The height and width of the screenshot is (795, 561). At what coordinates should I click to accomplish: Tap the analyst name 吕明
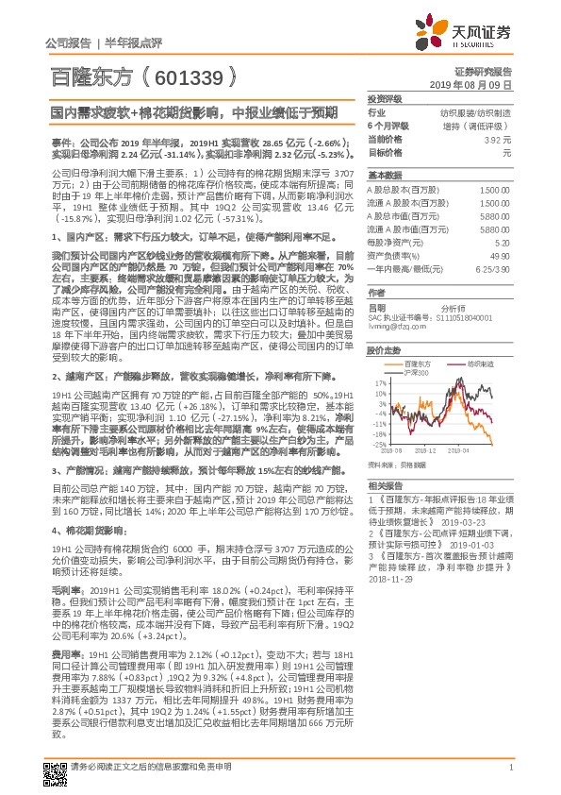376,308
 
